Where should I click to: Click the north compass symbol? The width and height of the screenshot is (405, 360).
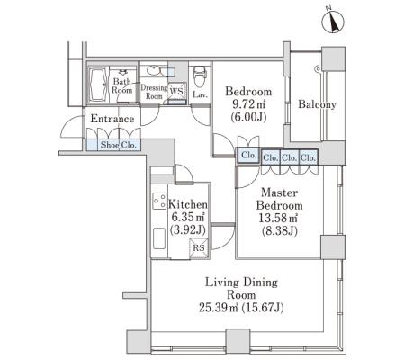333,22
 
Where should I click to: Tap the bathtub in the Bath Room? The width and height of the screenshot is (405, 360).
98,85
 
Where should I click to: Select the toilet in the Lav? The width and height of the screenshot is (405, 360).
199,76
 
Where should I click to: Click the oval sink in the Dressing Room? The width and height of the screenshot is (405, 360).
154,71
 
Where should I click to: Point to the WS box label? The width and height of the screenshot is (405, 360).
176,91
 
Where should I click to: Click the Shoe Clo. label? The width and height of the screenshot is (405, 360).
119,145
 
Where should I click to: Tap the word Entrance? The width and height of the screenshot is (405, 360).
112,119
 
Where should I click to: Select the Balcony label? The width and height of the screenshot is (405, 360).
317,104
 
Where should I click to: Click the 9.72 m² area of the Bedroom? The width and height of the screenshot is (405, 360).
248,104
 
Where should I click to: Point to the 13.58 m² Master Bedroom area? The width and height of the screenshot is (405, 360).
278,218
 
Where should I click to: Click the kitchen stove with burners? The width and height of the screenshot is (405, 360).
159,201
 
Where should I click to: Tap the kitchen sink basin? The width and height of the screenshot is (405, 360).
159,238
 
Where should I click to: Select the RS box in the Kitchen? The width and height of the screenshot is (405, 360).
199,247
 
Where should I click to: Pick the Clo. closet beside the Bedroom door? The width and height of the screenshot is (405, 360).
248,156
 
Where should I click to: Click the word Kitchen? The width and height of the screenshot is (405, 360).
188,204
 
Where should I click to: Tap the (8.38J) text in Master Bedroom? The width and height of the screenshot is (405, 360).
280,231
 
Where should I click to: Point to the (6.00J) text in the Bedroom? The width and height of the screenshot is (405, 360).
248,117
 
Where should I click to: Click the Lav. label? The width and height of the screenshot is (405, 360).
200,95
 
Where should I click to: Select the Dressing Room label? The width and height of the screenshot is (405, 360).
154,92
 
